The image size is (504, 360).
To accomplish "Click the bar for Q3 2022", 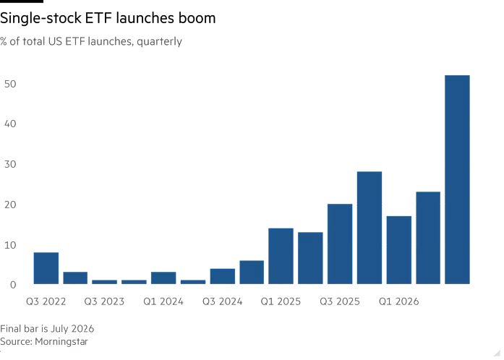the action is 46,268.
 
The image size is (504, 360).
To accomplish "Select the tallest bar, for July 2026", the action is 457,180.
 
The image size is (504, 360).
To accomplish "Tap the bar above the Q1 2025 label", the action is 281,256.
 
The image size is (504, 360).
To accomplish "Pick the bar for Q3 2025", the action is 340,244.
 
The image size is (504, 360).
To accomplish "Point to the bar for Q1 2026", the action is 399,250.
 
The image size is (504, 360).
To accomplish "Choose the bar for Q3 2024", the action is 223,276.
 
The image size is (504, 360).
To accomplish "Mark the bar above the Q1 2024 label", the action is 163,278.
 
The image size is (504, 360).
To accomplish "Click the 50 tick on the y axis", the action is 10,84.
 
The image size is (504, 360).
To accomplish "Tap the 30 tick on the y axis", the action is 10,164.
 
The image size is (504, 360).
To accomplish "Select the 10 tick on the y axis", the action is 10,245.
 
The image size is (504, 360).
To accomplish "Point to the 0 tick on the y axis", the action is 13,285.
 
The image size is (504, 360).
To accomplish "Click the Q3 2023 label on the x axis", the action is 104,301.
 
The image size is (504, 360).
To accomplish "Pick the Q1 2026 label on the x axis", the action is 399,301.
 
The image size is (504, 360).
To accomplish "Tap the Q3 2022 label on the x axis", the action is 46,301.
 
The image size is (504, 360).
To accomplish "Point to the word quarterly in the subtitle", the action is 159,41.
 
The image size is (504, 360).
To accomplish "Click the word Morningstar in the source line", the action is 61,341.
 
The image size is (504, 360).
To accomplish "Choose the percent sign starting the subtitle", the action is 4,41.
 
